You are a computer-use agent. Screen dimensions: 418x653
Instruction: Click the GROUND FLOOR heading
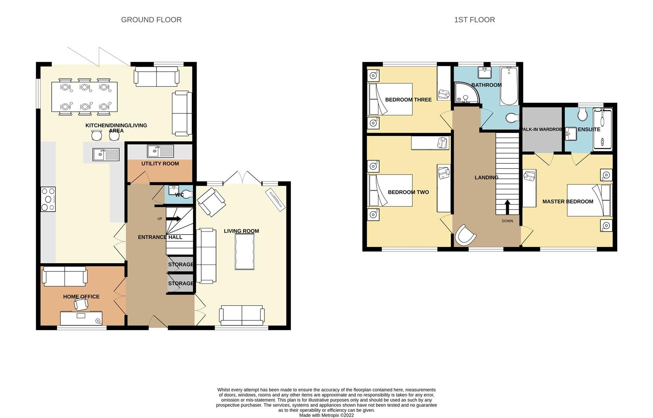tap(151, 20)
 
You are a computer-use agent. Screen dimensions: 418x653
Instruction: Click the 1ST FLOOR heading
tap(474, 20)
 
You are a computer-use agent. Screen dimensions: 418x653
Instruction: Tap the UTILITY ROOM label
tap(160, 164)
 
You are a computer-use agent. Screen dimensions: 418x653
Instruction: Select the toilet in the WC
tap(187, 195)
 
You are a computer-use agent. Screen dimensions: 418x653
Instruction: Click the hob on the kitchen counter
tap(48, 199)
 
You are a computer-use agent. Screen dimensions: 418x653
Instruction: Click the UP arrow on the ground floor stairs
tap(174, 219)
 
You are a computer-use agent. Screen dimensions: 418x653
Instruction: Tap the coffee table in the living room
tap(245, 252)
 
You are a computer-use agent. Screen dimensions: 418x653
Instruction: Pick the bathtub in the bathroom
tap(509, 86)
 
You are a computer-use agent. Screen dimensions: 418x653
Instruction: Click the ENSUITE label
tap(589, 129)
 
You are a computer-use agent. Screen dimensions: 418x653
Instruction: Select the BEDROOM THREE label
tap(408, 100)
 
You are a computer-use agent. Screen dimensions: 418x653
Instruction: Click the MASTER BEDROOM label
tap(567, 202)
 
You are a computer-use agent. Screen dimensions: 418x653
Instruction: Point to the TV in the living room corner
tap(276, 200)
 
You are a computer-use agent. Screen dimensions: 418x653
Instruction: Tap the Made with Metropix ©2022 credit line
tap(326, 415)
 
